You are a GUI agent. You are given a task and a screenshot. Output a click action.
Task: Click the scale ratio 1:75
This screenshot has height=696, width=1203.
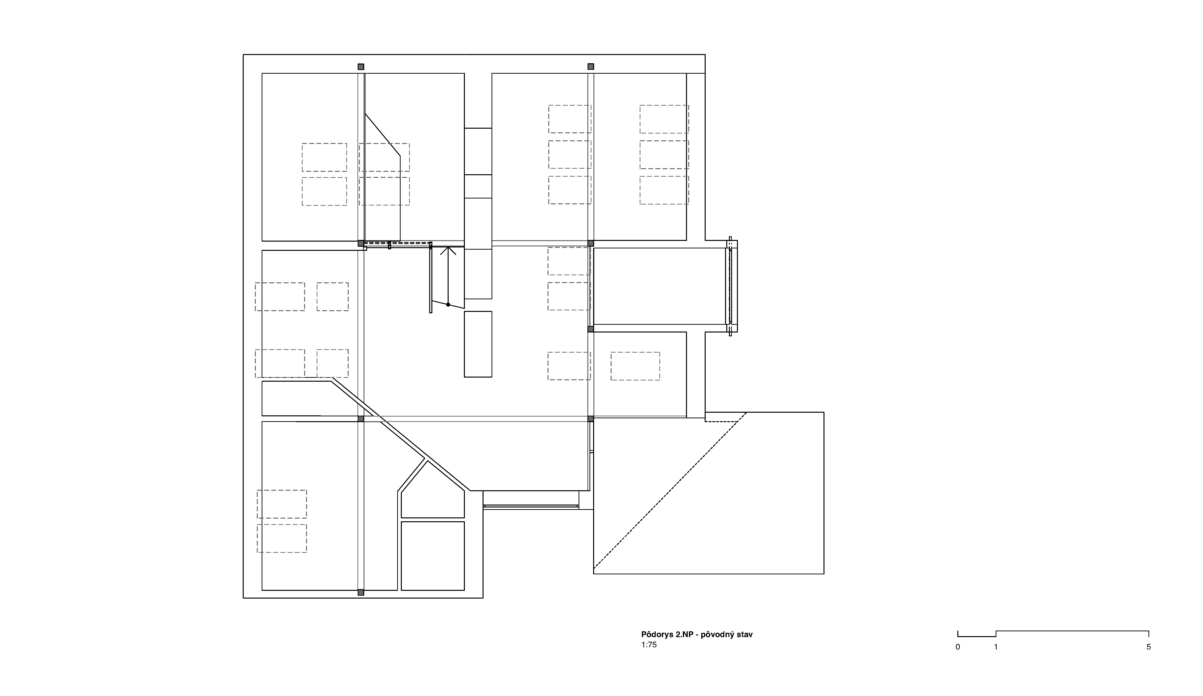pos(649,645)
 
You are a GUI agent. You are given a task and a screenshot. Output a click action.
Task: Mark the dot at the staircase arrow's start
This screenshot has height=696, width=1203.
pos(448,304)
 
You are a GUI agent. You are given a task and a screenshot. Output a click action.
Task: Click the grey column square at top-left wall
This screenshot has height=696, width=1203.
pos(361,67)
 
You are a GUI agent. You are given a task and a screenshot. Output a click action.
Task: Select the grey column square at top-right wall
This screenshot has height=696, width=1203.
pos(590,66)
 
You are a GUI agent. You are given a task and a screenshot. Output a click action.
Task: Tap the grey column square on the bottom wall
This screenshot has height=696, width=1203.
pos(361,593)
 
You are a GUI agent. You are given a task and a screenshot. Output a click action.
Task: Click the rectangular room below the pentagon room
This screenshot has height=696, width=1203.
pos(433,556)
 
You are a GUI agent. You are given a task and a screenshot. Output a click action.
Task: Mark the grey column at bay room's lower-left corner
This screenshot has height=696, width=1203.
pos(590,329)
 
